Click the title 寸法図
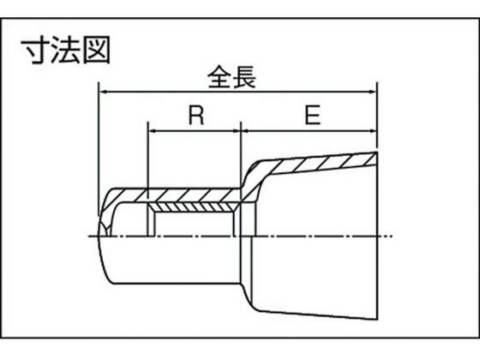(65, 51)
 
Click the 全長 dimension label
(231, 77)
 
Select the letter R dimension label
(196, 115)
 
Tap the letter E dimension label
(313, 115)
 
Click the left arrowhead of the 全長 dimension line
(104, 91)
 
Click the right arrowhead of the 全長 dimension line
(372, 91)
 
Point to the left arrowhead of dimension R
(153, 131)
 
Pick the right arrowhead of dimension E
(372, 131)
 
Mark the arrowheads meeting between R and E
(241, 131)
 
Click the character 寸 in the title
(35, 51)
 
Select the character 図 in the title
(97, 51)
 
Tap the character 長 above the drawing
(244, 77)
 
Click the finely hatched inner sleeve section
(192, 207)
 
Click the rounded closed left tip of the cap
(99, 236)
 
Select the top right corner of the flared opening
(377, 153)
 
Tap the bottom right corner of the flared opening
(377, 320)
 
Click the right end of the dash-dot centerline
(393, 236)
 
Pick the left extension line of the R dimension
(148, 179)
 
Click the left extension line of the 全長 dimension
(99, 149)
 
